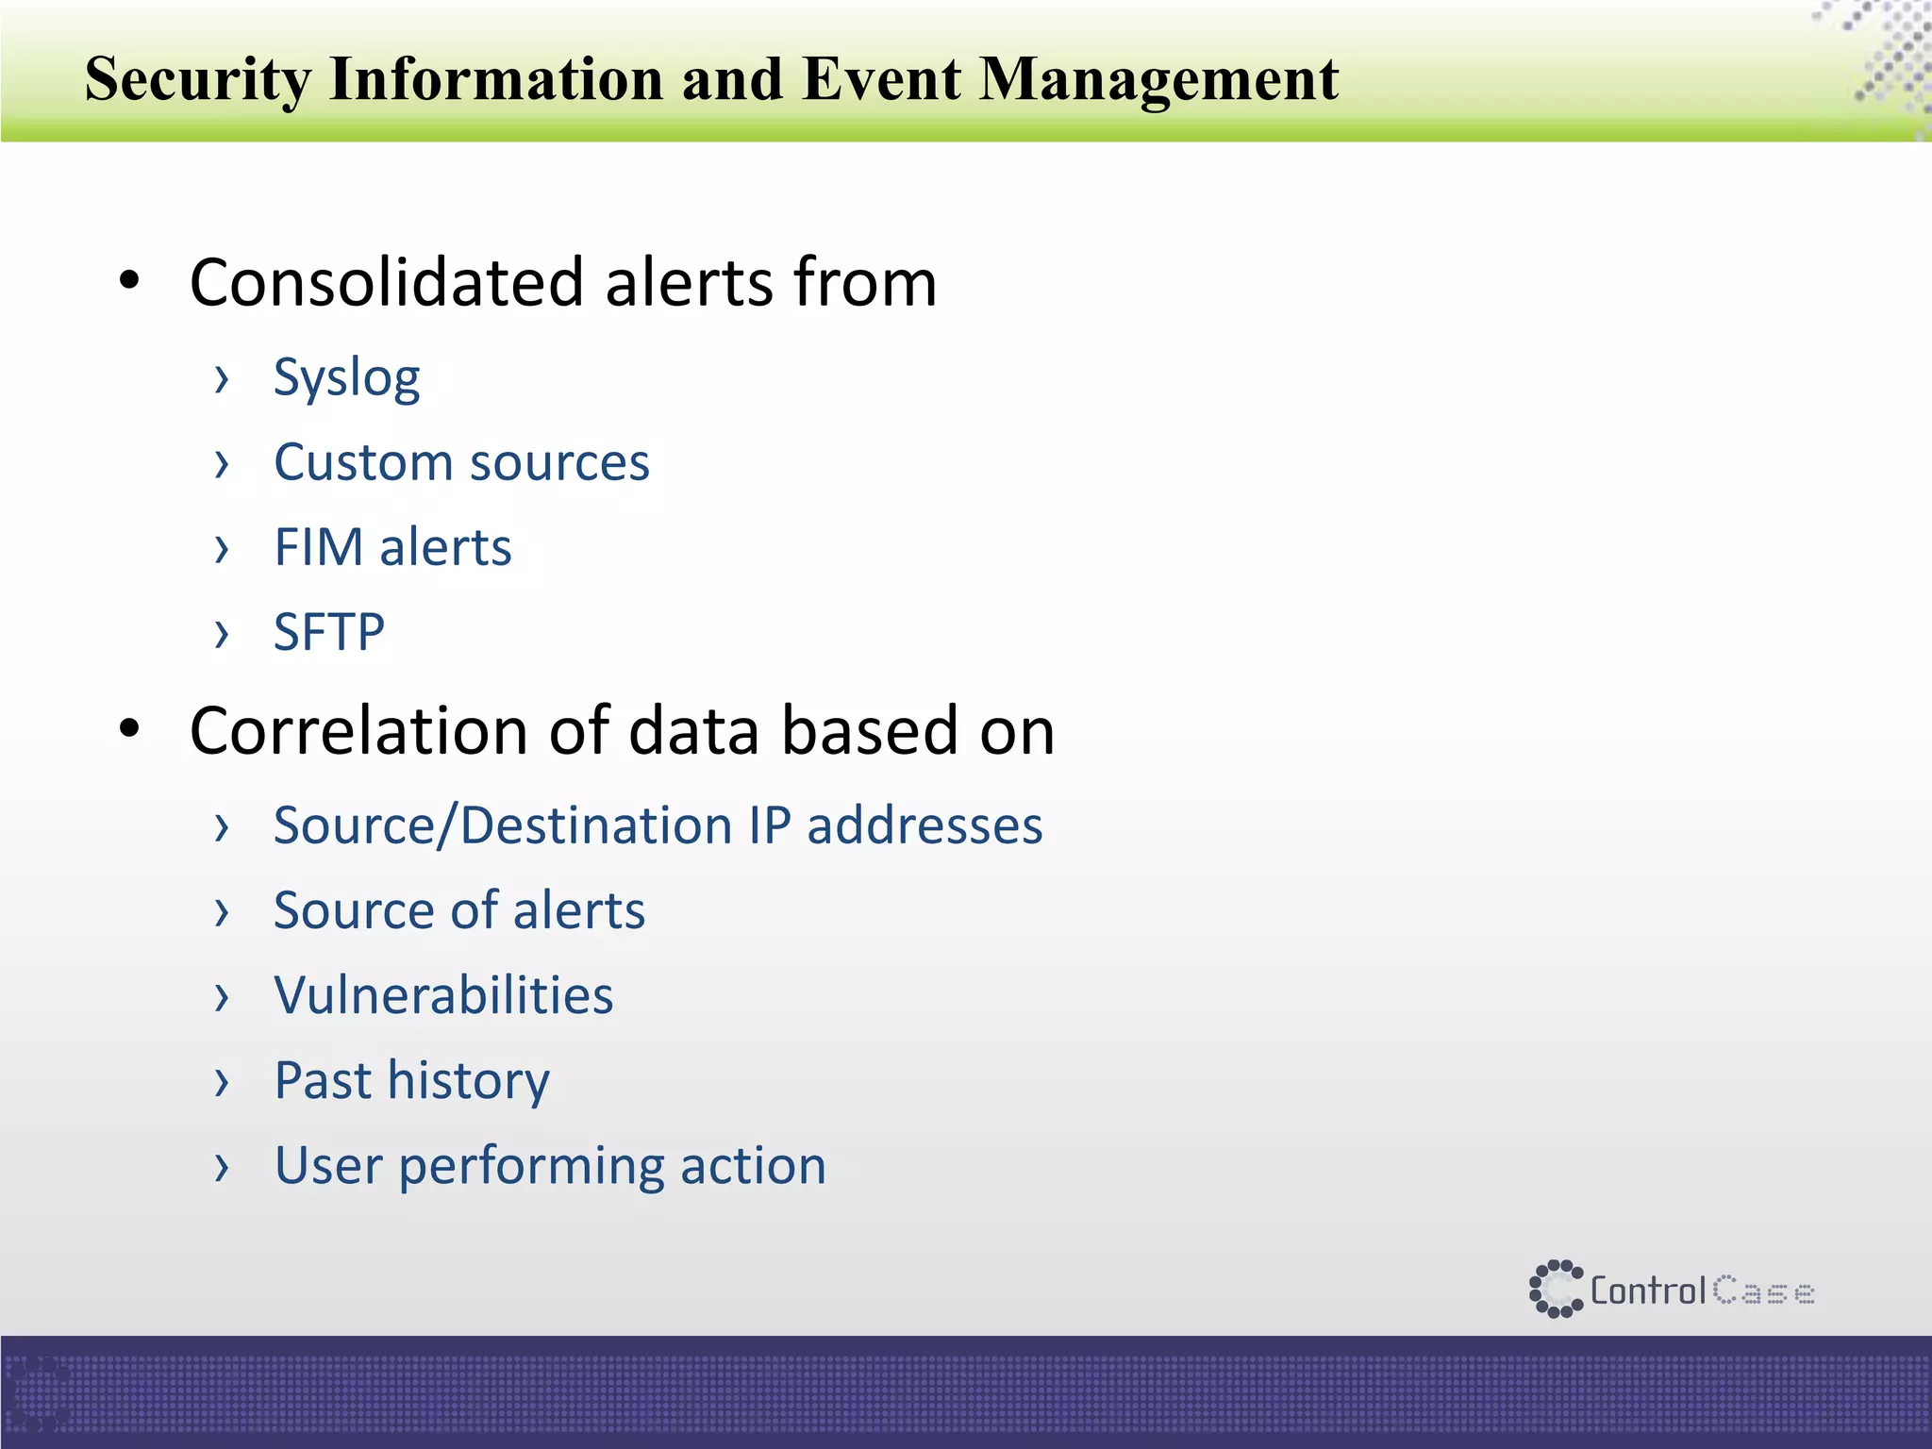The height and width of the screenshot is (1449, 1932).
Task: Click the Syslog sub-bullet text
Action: coord(346,379)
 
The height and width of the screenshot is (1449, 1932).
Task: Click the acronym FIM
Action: coord(318,547)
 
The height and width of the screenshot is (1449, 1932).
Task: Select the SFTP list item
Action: coord(328,632)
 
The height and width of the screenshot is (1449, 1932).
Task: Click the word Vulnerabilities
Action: coord(443,995)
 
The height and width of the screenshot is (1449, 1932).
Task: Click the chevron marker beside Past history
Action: coord(222,1082)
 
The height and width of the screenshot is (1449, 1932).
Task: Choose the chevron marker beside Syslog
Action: coord(222,379)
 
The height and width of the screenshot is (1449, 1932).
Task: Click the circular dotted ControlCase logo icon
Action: coord(1555,1289)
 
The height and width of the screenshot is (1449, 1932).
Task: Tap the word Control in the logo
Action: coord(1648,1290)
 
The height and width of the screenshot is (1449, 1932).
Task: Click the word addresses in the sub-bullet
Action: coord(924,825)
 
